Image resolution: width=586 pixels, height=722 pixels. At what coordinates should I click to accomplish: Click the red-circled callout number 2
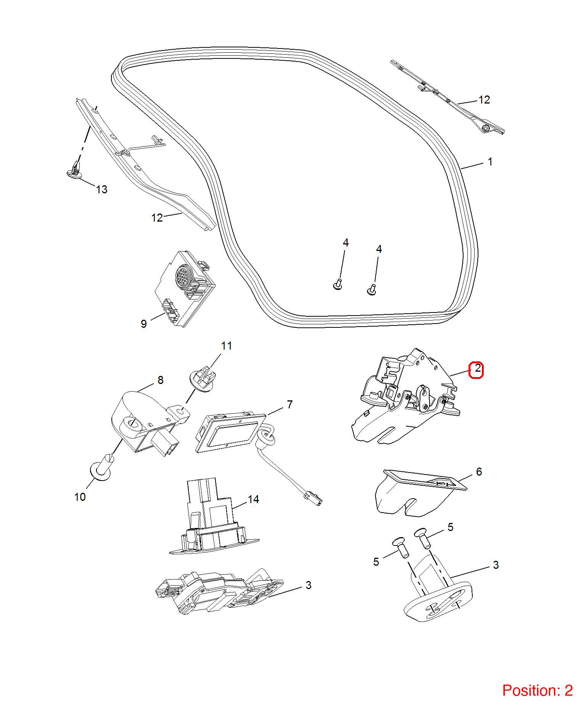click(x=477, y=369)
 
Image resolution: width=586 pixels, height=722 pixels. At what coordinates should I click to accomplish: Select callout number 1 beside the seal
click(x=490, y=162)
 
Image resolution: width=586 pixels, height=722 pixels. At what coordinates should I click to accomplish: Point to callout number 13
click(x=102, y=189)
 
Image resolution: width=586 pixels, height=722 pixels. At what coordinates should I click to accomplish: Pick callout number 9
click(x=143, y=324)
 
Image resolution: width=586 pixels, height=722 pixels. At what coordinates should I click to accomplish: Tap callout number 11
click(x=226, y=346)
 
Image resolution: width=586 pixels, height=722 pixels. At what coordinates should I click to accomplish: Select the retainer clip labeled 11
click(x=201, y=379)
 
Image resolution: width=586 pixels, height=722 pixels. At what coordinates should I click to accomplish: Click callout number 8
click(x=161, y=380)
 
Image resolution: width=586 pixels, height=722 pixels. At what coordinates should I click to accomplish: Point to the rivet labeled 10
click(x=102, y=467)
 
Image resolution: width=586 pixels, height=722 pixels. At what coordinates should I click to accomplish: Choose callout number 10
click(x=80, y=497)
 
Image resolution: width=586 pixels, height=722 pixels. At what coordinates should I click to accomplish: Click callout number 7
click(x=290, y=405)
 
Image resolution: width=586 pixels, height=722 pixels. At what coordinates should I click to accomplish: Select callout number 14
click(x=253, y=499)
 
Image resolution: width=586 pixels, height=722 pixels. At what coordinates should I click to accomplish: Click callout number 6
click(x=479, y=472)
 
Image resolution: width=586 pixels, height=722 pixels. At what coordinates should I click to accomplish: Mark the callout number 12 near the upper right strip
click(x=484, y=100)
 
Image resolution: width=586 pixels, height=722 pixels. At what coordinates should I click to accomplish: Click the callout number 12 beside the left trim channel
click(x=157, y=218)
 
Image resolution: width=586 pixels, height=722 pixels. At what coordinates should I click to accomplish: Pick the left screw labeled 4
click(x=338, y=284)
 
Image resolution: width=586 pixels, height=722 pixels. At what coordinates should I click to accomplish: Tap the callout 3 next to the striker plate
click(x=496, y=565)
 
